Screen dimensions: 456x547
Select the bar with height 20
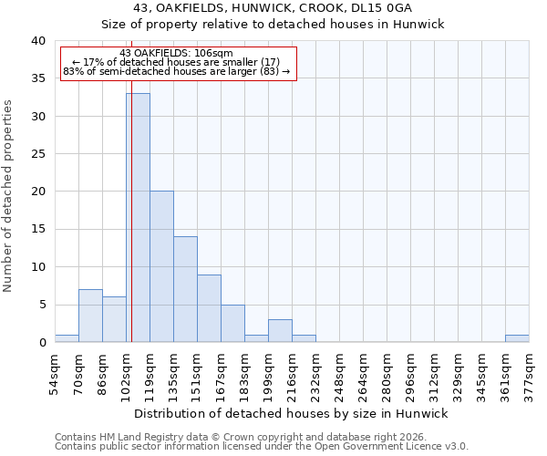[x=161, y=266]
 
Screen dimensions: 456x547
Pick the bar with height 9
[x=209, y=308]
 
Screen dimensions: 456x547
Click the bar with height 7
[x=90, y=316]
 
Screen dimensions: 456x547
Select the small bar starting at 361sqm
[x=517, y=338]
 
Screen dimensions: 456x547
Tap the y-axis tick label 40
[x=37, y=41]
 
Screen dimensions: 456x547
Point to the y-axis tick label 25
[x=37, y=154]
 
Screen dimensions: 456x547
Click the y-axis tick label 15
[x=37, y=230]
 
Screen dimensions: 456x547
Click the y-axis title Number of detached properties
[x=9, y=192]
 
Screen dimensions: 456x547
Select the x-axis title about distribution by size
[x=292, y=413]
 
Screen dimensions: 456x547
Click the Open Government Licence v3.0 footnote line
[x=262, y=447]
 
